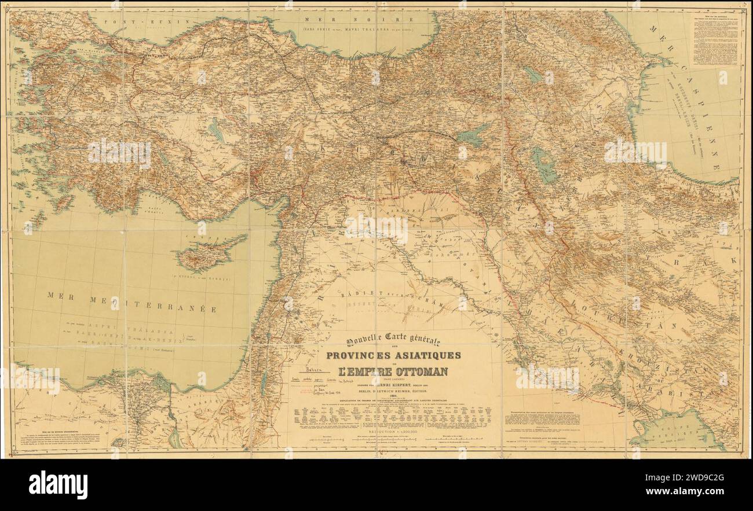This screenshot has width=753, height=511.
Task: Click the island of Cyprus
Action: click(209, 255)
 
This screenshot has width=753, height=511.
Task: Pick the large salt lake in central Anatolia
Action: click(216, 130)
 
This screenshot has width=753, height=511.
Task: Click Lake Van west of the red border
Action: click(471, 137)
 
